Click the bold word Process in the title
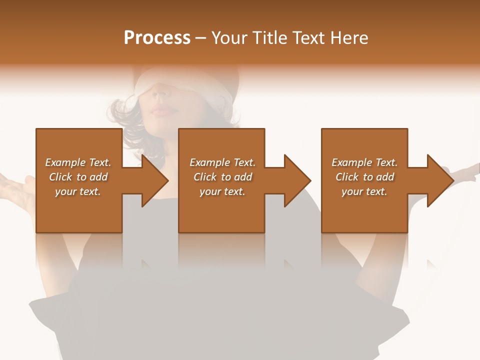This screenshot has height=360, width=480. (x=157, y=38)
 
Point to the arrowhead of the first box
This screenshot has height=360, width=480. (x=155, y=180)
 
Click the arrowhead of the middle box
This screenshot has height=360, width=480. (x=298, y=180)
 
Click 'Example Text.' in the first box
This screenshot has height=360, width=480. (x=78, y=162)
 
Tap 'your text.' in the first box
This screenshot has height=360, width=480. (x=78, y=191)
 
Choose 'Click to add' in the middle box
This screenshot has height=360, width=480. (x=222, y=177)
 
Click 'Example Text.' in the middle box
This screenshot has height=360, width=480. (x=222, y=162)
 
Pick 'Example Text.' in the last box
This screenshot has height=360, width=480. (x=364, y=162)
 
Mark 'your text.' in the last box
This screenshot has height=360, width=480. (x=364, y=191)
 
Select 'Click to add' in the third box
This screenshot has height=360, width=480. (x=364, y=177)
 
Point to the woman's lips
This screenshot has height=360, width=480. (x=162, y=109)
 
